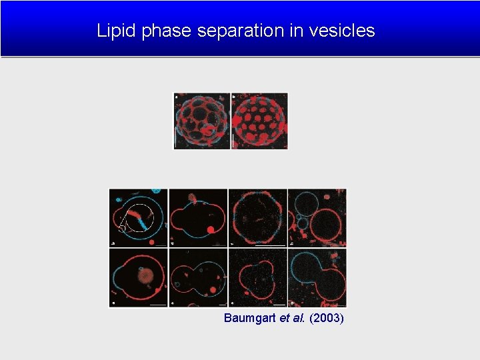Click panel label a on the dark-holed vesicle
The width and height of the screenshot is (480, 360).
[x=177, y=97]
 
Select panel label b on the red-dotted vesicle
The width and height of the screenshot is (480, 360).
[x=234, y=97]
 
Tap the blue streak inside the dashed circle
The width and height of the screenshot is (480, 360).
[x=143, y=219]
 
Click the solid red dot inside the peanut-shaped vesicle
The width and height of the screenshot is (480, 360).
[x=211, y=229]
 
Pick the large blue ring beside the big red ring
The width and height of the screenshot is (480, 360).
[x=307, y=203]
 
